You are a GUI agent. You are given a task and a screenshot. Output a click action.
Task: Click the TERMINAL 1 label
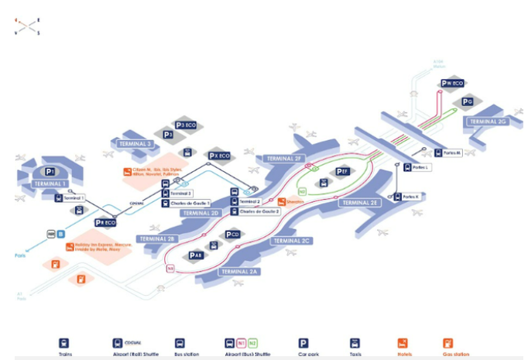tap(50, 183)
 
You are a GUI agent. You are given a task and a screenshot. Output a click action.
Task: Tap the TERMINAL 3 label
tap(134, 144)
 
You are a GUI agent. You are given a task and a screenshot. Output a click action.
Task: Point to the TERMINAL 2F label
tap(283, 158)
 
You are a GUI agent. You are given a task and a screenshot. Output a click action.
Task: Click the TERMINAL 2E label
tap(358, 202)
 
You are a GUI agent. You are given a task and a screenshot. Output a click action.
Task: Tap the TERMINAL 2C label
tap(291, 241)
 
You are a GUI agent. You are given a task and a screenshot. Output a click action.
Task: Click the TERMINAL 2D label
tap(201, 212)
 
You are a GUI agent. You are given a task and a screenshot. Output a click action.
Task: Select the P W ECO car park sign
tap(452, 83)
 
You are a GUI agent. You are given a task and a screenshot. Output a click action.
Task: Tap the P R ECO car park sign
tap(105, 222)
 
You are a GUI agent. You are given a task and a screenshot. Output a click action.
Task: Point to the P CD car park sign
tap(232, 234)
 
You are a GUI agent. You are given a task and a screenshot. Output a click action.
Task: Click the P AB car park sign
tap(196, 255)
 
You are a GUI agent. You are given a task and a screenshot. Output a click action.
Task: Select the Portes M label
tap(447, 153)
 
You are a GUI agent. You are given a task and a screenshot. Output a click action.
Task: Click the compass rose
tap(26, 27)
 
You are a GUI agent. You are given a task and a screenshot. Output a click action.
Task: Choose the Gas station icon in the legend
tap(448, 343)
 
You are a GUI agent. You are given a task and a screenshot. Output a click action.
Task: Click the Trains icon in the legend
tap(65, 343)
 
